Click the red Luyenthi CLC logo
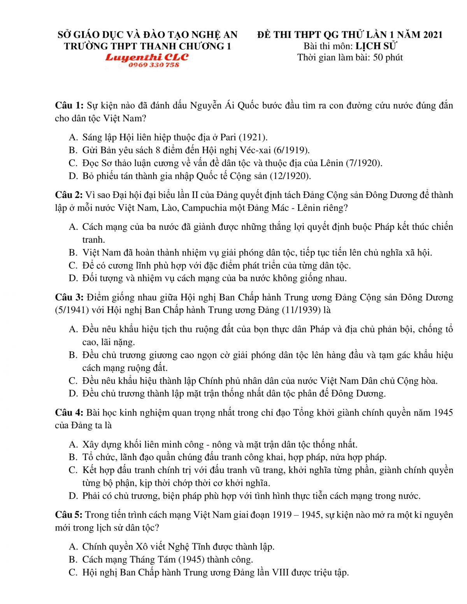point(147,57)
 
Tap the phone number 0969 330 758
point(154,65)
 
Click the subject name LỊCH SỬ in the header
point(376,46)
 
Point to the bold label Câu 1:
point(69,105)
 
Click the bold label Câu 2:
point(69,195)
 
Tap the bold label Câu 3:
point(69,298)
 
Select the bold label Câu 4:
point(69,413)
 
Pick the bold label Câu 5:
point(69,515)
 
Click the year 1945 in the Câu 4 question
point(443,413)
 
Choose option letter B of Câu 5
point(73,560)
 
